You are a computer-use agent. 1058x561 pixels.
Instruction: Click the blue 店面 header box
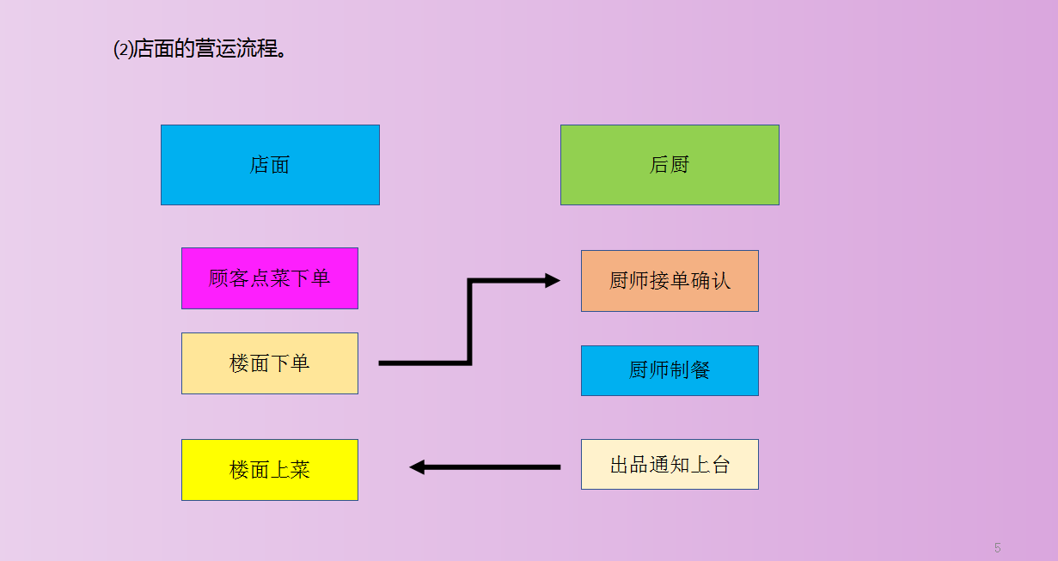(x=270, y=165)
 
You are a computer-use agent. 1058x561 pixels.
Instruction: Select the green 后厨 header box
(x=670, y=165)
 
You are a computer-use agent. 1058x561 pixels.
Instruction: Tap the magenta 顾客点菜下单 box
(x=270, y=278)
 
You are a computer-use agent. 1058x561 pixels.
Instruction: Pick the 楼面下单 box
(x=270, y=363)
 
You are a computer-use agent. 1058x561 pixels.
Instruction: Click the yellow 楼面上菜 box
(x=270, y=470)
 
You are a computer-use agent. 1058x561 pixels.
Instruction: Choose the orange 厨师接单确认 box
(x=670, y=281)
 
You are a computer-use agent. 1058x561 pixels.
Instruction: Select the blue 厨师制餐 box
(x=670, y=371)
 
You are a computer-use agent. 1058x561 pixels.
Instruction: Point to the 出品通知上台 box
(x=670, y=465)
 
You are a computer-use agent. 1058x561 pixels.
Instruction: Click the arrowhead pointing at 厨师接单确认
(x=553, y=280)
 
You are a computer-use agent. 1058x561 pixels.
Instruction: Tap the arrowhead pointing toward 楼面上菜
(x=418, y=467)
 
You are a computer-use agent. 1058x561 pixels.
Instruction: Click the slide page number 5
(x=997, y=548)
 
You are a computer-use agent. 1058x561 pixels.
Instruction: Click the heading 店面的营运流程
(x=211, y=49)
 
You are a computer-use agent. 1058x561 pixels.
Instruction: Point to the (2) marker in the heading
(x=123, y=49)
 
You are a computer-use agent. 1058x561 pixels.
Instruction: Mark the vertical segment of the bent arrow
(x=469, y=322)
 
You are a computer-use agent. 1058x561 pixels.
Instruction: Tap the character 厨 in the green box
(x=680, y=165)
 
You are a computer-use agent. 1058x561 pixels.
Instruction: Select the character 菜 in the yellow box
(x=300, y=470)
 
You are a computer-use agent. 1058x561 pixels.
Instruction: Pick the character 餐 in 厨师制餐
(x=700, y=371)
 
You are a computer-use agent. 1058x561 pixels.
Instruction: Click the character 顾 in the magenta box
(x=219, y=278)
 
